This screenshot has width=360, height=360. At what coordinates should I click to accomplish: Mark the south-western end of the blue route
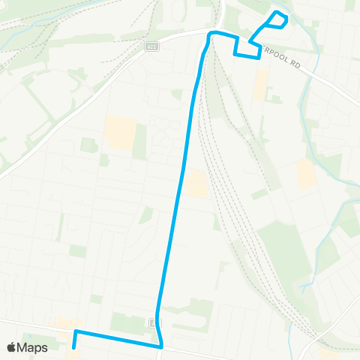[x=73, y=347]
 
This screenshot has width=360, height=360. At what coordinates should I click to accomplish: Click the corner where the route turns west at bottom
[x=161, y=346]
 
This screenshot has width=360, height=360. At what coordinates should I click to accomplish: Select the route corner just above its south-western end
[x=76, y=331]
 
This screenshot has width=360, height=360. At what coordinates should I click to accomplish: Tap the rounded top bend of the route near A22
[x=211, y=34]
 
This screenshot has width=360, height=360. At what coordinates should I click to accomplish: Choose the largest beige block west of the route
[x=120, y=132]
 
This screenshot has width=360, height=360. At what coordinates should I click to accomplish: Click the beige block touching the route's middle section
[x=197, y=184]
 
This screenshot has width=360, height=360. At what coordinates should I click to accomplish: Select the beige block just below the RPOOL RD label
[x=260, y=85]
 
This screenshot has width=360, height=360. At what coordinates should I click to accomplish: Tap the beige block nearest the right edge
[x=305, y=175]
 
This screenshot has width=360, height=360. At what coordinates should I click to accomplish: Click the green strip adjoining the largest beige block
[x=139, y=141]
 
